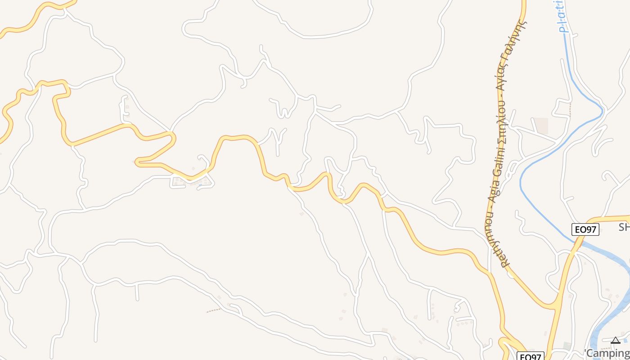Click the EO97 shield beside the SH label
pyautogui.click(x=585, y=229)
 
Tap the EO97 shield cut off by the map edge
pyautogui.click(x=530, y=356)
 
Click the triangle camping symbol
pyautogui.click(x=615, y=341)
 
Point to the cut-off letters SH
pyautogui.click(x=624, y=227)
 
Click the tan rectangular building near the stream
pyautogui.click(x=541, y=126)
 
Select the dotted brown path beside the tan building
pyautogui.click(x=570, y=109)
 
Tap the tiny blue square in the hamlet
pyautogui.click(x=200, y=185)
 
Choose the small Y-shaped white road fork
pyautogui.click(x=278, y=137)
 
